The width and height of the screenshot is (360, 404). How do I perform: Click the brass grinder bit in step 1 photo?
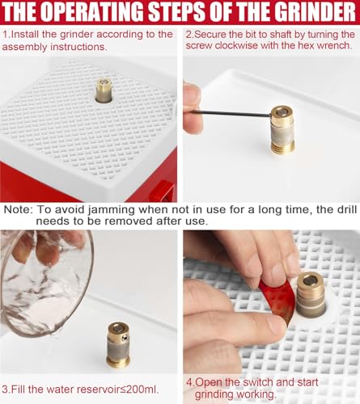click(104, 90)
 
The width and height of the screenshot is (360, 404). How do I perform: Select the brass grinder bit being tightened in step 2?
click(282, 130)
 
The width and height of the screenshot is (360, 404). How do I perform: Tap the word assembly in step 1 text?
click(25, 47)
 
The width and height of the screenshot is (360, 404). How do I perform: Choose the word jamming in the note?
click(112, 210)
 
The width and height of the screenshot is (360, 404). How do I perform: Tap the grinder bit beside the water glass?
click(118, 344)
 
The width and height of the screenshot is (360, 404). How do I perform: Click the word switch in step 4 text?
click(257, 383)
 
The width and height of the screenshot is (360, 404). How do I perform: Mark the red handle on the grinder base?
click(162, 191)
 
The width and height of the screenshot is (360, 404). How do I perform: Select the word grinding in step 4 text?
click(214, 395)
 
